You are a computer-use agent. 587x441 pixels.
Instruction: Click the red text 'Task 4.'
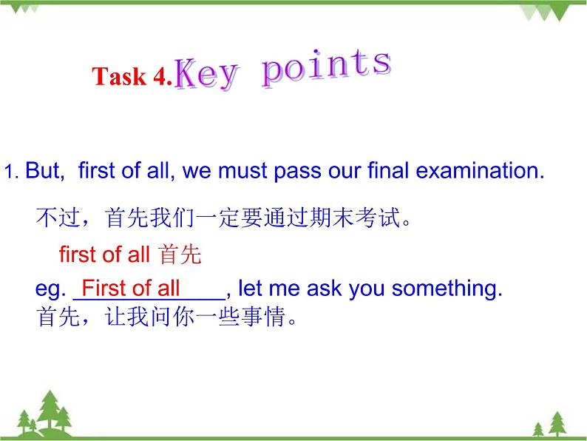(132, 77)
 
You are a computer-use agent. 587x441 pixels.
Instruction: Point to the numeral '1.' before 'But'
(11, 173)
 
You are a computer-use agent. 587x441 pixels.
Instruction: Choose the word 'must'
(244, 172)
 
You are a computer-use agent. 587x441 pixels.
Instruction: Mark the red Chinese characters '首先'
(180, 255)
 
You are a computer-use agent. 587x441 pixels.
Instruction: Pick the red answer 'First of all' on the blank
(130, 288)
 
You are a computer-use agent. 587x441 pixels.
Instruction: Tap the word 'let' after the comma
(251, 289)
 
